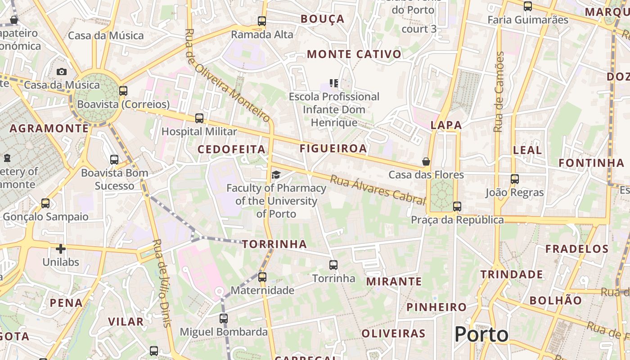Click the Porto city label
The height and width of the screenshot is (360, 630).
pos(481,334)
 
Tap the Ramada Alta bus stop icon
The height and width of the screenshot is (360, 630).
pos(262,21)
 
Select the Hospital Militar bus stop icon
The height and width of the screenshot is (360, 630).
pos(199,118)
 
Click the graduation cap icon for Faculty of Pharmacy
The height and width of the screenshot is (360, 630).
pos(276,175)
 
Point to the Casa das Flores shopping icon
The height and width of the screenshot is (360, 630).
pos(426,161)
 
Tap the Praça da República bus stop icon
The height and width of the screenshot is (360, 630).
pos(457,207)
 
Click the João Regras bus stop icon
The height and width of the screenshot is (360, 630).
pos(515,179)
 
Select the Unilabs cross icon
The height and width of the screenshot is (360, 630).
pos(61,248)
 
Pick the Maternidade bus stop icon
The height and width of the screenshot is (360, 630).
pos(262,277)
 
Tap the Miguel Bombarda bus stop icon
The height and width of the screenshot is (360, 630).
pos(224,319)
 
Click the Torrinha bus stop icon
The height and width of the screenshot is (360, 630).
pos(333,265)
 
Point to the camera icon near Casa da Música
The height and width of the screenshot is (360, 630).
pos(62,72)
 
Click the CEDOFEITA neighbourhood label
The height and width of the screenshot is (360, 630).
pos(231,149)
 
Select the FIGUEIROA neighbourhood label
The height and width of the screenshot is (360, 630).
pos(333,148)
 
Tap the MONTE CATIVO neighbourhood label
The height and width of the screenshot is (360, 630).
pos(354,54)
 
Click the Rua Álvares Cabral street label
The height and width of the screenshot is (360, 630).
pos(378,189)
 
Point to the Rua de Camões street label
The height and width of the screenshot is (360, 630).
pos(499,92)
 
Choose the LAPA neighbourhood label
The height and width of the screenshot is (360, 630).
pos(446,125)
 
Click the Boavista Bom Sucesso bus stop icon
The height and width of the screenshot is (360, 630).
pos(114,159)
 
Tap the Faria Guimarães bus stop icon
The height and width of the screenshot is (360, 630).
pos(528,6)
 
